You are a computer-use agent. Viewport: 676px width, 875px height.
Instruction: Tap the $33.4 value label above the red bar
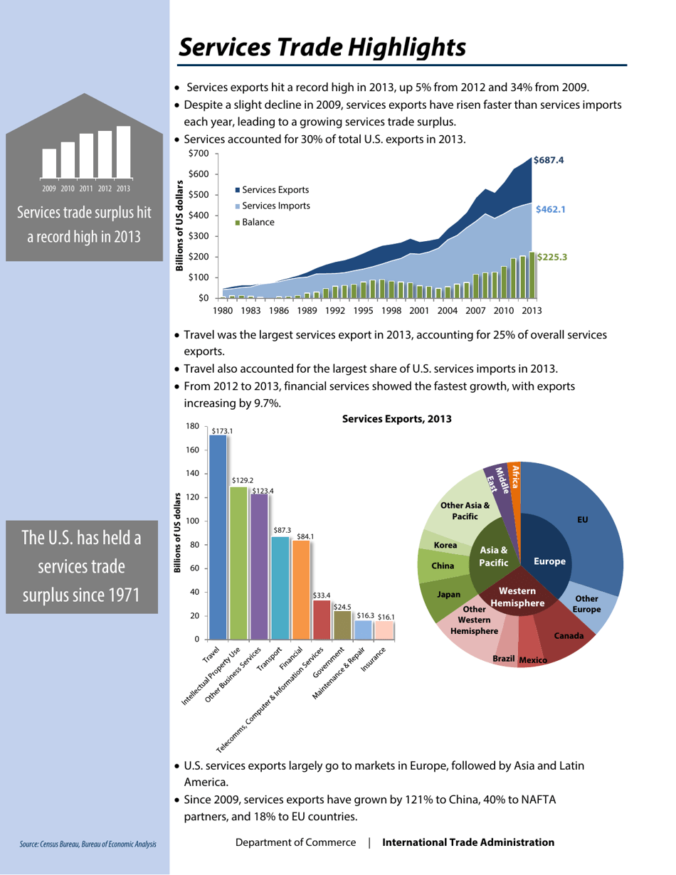(x=322, y=594)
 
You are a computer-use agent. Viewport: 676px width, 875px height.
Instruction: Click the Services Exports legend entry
(x=275, y=190)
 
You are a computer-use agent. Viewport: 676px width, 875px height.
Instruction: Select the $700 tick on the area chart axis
(x=199, y=154)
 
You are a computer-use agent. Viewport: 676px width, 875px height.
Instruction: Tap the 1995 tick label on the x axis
(x=363, y=311)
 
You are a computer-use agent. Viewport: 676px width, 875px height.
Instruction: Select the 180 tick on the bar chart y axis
(x=192, y=426)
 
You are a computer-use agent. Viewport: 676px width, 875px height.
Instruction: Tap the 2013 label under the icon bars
(x=123, y=189)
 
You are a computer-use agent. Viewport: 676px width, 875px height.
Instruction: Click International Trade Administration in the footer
(x=468, y=843)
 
